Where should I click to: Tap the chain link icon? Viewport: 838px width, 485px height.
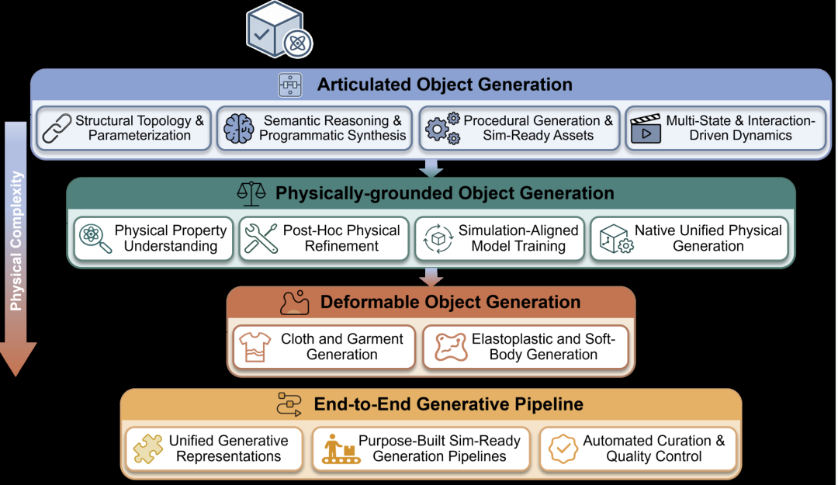[57, 128]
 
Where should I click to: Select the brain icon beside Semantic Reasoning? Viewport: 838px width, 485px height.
[238, 128]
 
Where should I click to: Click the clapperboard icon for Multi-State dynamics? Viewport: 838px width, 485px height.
[646, 128]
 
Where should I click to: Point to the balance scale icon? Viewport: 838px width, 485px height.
[251, 193]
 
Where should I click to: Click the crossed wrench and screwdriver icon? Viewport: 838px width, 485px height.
[261, 238]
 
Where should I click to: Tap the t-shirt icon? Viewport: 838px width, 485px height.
[255, 347]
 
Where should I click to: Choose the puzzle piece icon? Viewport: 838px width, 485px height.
[148, 448]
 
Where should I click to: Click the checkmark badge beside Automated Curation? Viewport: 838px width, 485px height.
[563, 448]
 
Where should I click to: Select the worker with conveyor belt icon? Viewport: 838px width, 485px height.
[341, 449]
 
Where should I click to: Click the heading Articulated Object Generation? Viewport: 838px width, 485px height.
[445, 85]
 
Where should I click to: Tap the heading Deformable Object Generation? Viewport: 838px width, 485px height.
[450, 302]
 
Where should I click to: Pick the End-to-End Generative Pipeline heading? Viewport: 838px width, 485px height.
[448, 404]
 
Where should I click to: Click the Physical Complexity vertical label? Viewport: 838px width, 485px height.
[16, 241]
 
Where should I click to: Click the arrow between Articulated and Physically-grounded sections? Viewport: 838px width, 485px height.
[431, 168]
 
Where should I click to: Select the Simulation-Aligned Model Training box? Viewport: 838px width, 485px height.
[499, 238]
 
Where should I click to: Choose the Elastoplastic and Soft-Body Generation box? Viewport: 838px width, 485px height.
[525, 347]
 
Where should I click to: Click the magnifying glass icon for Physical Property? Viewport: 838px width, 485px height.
[95, 238]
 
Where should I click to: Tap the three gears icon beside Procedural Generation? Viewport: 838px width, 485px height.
[442, 128]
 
